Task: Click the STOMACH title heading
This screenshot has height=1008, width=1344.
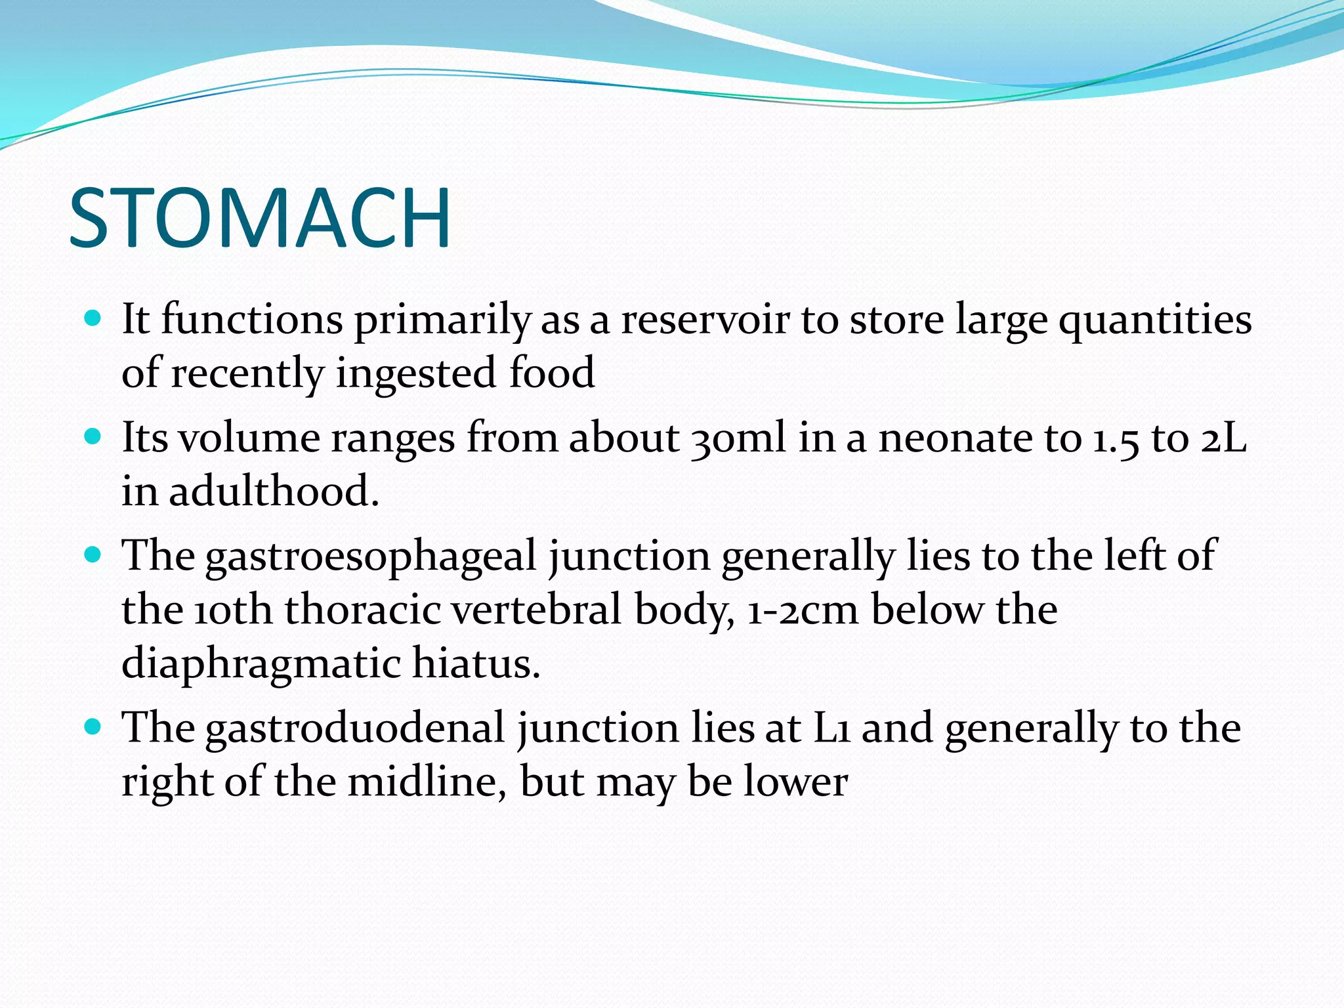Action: point(260,218)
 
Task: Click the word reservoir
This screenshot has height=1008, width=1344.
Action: point(705,320)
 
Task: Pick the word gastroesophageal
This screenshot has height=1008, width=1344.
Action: point(371,557)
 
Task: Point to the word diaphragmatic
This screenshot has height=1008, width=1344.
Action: point(261,663)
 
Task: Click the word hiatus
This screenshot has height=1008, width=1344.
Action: point(475,663)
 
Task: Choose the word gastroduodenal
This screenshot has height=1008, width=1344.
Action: point(354,729)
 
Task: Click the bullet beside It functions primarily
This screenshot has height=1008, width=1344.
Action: point(93,319)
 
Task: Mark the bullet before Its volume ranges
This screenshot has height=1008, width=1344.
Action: point(93,437)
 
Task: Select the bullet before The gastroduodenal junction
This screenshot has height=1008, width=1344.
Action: point(93,727)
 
